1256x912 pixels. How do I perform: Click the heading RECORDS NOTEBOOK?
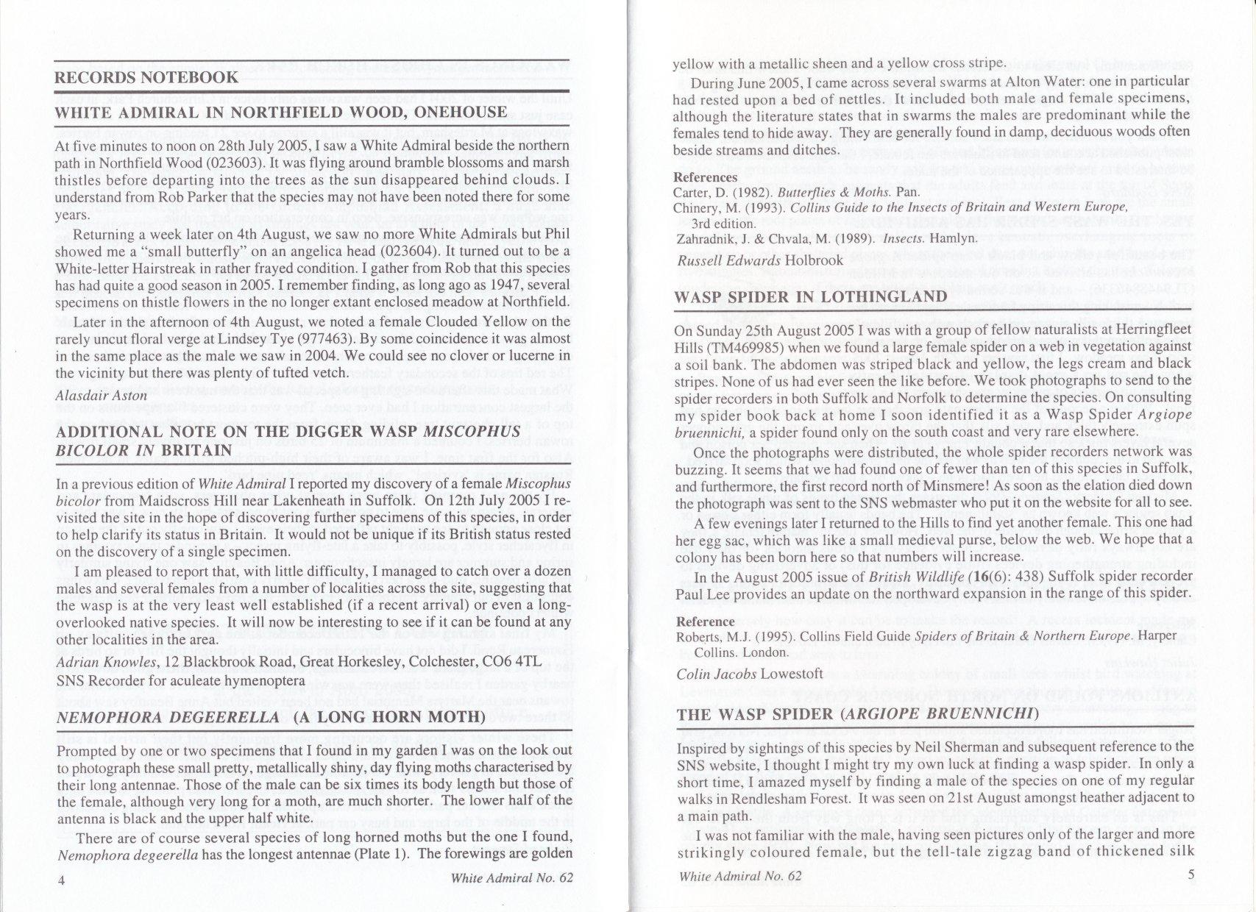click(147, 78)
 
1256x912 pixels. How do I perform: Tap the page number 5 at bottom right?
click(1191, 875)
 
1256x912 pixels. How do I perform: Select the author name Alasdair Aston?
click(102, 396)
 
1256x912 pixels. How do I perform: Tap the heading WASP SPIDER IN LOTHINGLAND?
click(810, 296)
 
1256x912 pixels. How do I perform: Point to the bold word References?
click(705, 177)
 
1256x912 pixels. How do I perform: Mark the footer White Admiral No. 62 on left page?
click(511, 877)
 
